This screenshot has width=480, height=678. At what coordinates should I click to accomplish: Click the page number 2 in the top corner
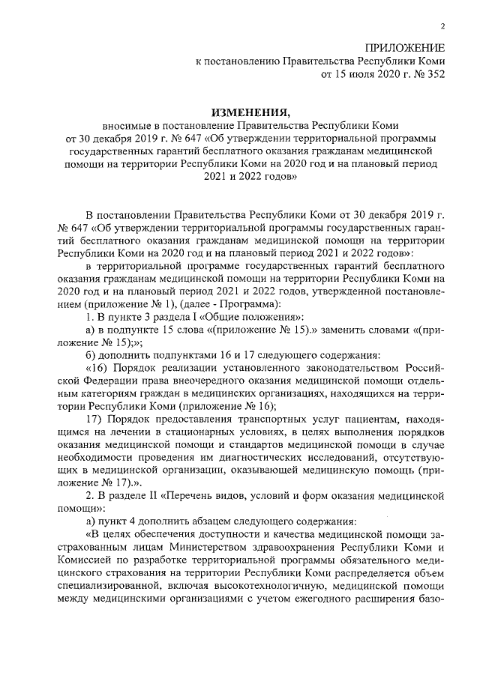point(443,26)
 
